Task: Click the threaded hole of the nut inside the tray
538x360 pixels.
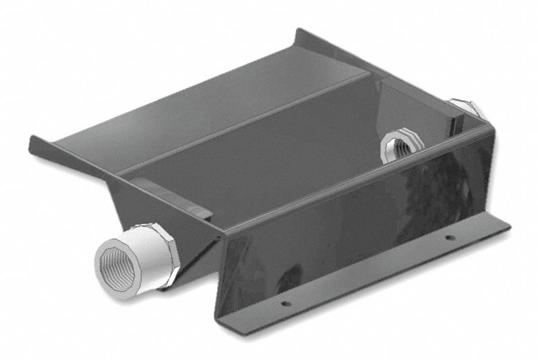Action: pyautogui.click(x=400, y=149)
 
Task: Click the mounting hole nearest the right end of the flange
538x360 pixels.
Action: pyautogui.click(x=450, y=238)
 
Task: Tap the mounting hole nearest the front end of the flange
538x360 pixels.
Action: pyautogui.click(x=282, y=302)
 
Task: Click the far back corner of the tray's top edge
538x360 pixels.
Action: pyautogui.click(x=299, y=31)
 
